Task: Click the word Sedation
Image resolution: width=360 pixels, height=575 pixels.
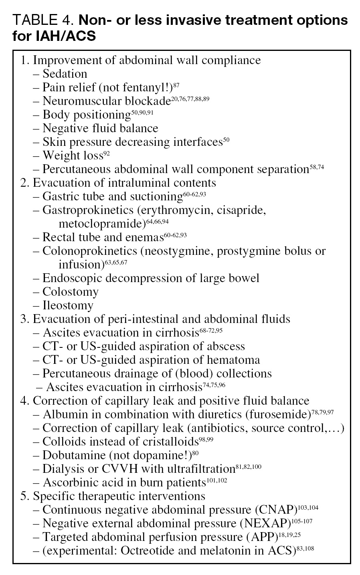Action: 65,74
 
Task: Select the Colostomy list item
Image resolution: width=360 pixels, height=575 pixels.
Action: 70,292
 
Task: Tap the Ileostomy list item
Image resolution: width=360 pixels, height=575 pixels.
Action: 68,305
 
